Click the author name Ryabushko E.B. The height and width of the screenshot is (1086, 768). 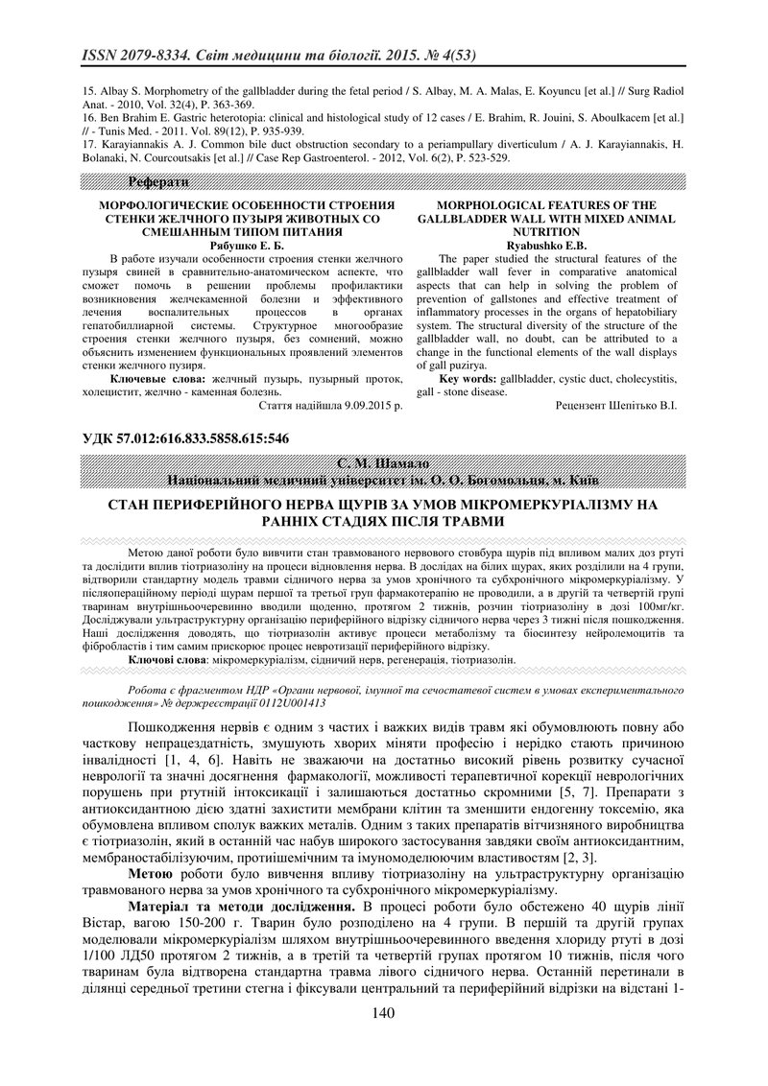coord(546,246)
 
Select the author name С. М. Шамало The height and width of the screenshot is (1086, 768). coord(384,464)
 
